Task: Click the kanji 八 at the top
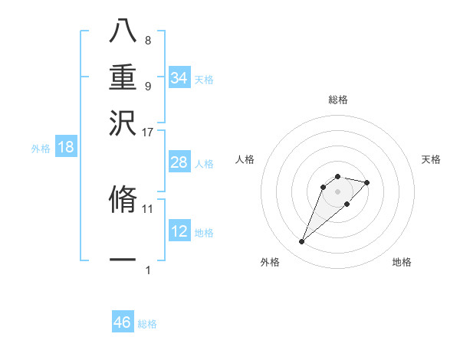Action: [x=123, y=30]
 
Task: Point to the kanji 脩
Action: [x=123, y=199]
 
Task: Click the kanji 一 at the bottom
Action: [x=123, y=260]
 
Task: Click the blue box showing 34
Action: [x=179, y=78]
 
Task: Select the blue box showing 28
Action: [x=179, y=162]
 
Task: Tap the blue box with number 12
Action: [x=179, y=231]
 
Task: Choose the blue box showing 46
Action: [x=123, y=322]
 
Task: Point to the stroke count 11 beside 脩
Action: [x=147, y=208]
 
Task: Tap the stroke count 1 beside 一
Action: [x=148, y=270]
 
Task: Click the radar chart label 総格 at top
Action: [x=337, y=100]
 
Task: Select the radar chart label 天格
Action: [x=432, y=159]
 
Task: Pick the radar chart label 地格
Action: [x=402, y=262]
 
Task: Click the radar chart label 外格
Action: [x=270, y=262]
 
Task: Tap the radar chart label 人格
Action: [x=245, y=159]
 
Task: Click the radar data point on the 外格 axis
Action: [x=301, y=242]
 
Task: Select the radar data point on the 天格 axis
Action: [x=367, y=182]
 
